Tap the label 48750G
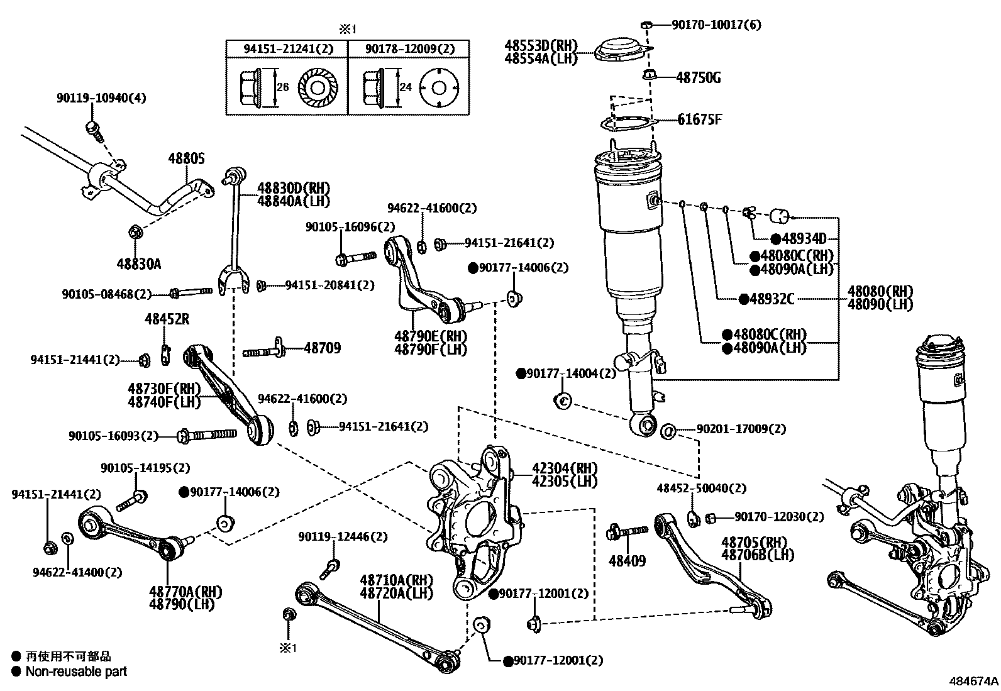(x=698, y=78)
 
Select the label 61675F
(x=699, y=119)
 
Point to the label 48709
(x=323, y=347)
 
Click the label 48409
(x=627, y=560)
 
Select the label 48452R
(x=167, y=319)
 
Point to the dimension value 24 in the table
(x=406, y=87)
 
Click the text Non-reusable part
(x=76, y=671)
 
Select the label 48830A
(x=138, y=263)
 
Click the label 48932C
(x=771, y=299)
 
